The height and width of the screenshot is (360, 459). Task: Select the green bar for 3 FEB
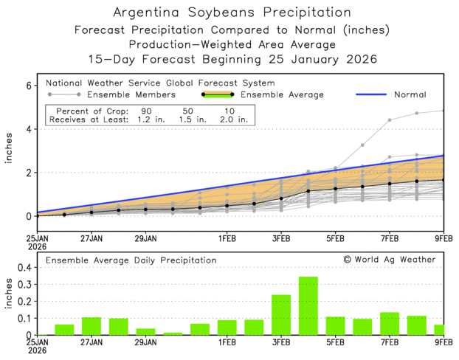tap(281, 315)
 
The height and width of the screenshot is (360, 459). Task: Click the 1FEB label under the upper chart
tap(226, 239)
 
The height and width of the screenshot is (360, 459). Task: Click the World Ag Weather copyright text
tap(389, 260)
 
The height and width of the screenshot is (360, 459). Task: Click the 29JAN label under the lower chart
tap(145, 342)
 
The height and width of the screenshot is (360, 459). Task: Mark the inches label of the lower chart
tap(9, 301)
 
